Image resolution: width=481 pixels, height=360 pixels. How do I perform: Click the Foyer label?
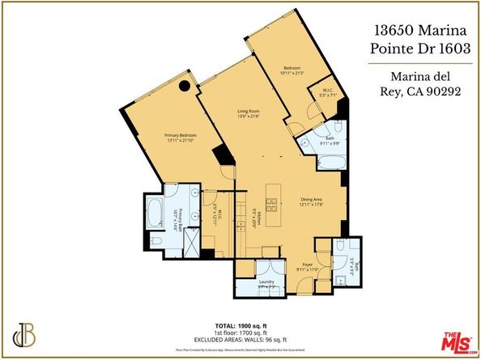309,264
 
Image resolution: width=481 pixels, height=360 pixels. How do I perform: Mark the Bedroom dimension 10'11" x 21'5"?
292,74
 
